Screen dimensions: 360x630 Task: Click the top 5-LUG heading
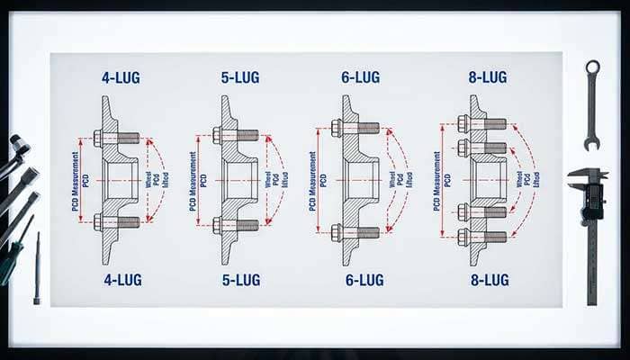click(x=239, y=78)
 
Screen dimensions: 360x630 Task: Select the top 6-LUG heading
click(x=359, y=78)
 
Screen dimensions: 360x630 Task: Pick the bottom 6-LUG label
click(x=364, y=279)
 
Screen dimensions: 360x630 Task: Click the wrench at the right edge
click(x=591, y=103)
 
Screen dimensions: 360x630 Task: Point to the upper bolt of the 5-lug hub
click(x=236, y=136)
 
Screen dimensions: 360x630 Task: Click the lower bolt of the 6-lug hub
click(x=356, y=232)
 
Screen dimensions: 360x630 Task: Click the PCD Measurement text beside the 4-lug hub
click(x=76, y=180)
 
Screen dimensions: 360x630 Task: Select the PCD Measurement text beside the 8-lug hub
click(x=437, y=180)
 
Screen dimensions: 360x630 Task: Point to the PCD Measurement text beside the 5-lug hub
click(x=194, y=180)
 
